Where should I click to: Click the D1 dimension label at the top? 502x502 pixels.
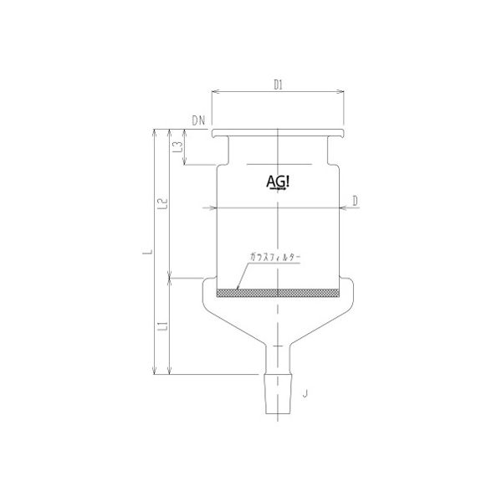279,85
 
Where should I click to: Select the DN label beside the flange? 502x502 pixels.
198,120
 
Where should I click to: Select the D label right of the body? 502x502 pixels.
355,200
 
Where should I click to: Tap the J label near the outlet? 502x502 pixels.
306,391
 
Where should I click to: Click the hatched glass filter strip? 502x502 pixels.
279,293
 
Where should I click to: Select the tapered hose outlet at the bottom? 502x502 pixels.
279,393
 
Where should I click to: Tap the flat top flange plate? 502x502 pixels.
279,134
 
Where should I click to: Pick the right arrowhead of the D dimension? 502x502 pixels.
345,207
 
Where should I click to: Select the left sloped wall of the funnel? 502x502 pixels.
226,322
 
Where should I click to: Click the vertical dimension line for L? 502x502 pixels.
154,251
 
